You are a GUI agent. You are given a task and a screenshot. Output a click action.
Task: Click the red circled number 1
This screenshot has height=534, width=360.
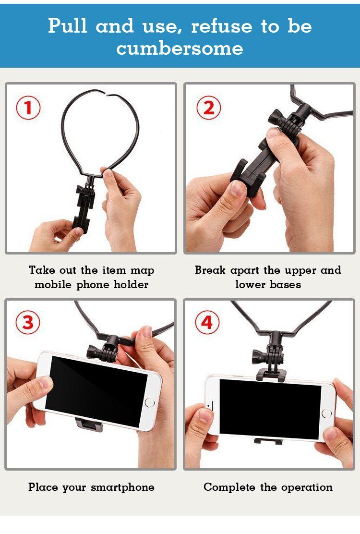[28, 108]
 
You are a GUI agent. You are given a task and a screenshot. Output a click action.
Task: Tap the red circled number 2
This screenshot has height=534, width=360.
[209, 108]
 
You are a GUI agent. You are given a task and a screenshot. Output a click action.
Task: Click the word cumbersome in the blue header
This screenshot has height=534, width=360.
[180, 48]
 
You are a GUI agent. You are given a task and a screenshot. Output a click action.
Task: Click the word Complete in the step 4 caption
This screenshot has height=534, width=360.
[229, 487]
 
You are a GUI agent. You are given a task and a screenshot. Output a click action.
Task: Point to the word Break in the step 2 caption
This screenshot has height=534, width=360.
[210, 270]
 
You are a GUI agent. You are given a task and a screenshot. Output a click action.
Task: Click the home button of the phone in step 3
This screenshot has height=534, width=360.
[150, 402]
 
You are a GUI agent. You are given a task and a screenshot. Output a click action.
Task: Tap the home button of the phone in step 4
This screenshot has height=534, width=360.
[326, 413]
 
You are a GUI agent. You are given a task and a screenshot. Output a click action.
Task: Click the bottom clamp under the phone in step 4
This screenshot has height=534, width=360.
[268, 441]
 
